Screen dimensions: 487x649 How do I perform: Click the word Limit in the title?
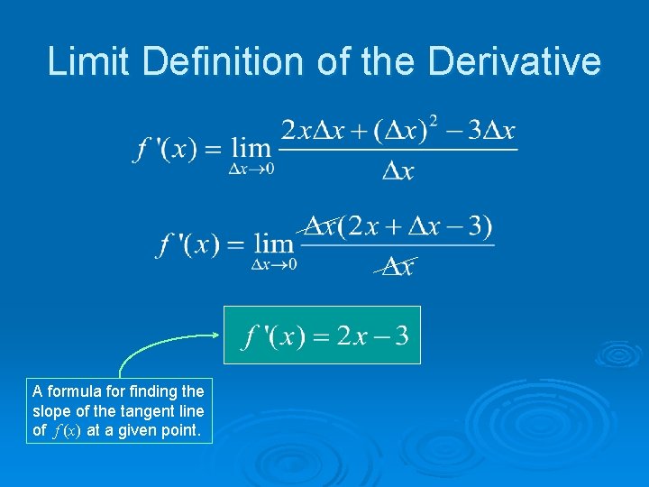88,61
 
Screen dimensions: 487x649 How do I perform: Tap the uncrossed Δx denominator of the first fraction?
398,171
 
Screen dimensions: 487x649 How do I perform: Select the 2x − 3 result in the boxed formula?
372,336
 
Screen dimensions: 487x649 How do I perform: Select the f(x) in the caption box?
67,431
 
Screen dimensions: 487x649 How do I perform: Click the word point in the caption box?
178,430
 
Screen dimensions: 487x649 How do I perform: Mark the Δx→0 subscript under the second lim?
273,264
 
